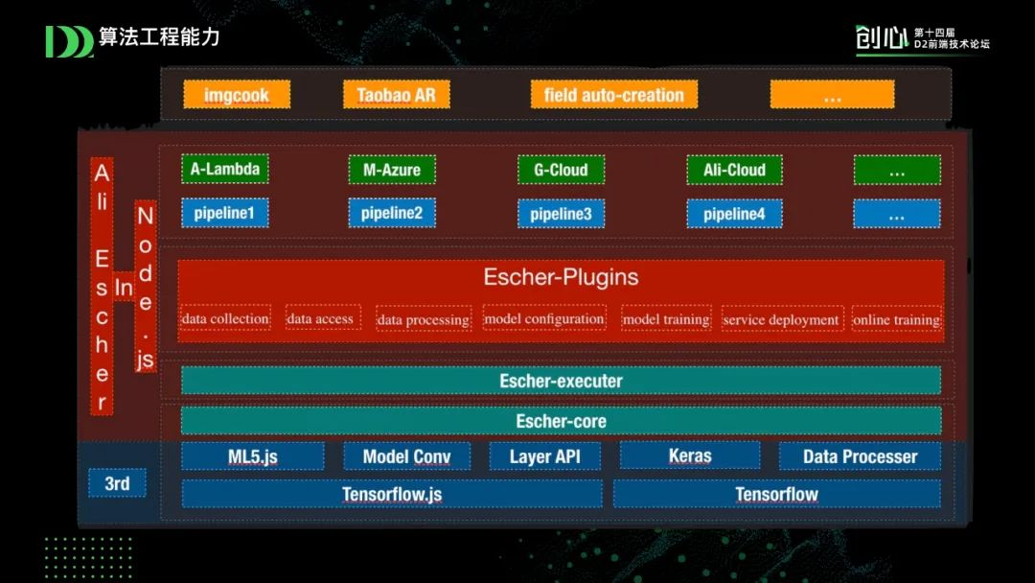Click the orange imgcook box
tap(236, 95)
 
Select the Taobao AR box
tap(396, 95)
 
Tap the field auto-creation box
tap(614, 95)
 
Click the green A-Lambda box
tap(225, 170)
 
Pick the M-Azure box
tap(392, 170)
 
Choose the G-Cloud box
tap(561, 170)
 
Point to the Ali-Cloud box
tap(734, 170)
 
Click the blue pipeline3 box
tap(561, 214)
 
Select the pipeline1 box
tap(225, 213)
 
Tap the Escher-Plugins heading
tap(561, 278)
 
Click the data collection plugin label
tap(225, 318)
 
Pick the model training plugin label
tap(666, 318)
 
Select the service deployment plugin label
tap(781, 319)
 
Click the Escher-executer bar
tap(561, 381)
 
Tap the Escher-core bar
tap(561, 421)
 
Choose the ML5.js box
tap(253, 456)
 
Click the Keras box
tap(690, 455)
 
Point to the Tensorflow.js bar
tap(392, 495)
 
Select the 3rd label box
tap(117, 483)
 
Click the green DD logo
tap(68, 41)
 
